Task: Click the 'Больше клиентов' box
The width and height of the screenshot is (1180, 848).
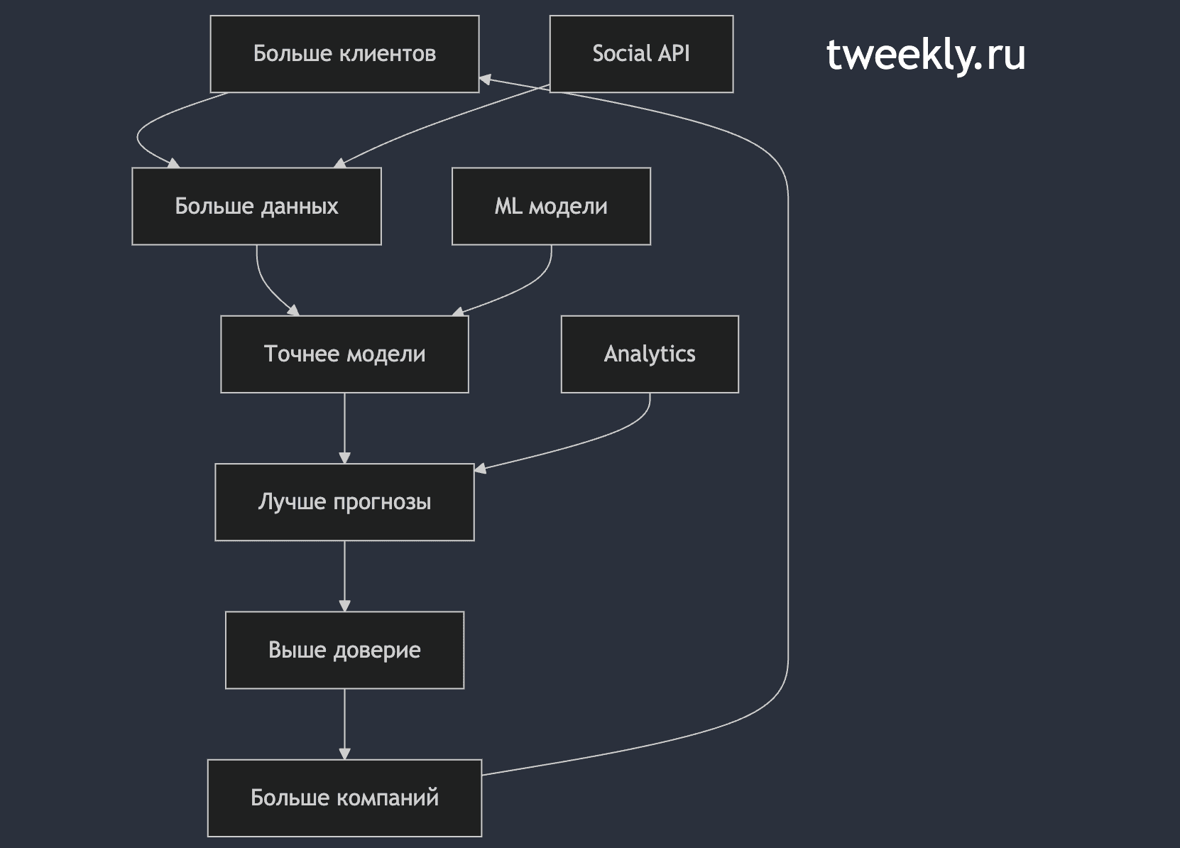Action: point(344,54)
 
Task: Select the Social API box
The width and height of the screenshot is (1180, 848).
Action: point(641,54)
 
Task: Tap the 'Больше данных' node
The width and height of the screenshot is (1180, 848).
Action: point(256,206)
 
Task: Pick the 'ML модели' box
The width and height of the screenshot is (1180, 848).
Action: point(551,206)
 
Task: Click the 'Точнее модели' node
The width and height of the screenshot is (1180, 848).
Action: point(344,354)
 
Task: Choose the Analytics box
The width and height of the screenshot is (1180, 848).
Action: point(650,354)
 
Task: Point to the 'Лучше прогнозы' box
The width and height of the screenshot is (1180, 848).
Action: point(344,502)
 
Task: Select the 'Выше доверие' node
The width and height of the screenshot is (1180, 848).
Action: point(344,650)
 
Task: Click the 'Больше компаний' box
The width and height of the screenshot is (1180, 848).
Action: point(344,798)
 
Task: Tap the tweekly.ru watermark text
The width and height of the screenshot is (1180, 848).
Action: point(926,54)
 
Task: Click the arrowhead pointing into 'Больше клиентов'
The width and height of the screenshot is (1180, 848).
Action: point(485,80)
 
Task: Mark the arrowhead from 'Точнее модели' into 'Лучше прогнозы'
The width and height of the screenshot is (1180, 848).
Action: point(344,457)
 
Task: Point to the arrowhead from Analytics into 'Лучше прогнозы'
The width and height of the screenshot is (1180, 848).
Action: point(481,468)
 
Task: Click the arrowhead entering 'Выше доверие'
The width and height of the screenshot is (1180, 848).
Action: point(344,605)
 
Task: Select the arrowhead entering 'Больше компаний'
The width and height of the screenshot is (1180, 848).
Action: point(344,753)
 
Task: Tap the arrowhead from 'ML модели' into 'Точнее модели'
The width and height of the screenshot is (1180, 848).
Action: point(459,312)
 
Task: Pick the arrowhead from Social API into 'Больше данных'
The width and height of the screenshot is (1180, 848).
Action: point(340,163)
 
